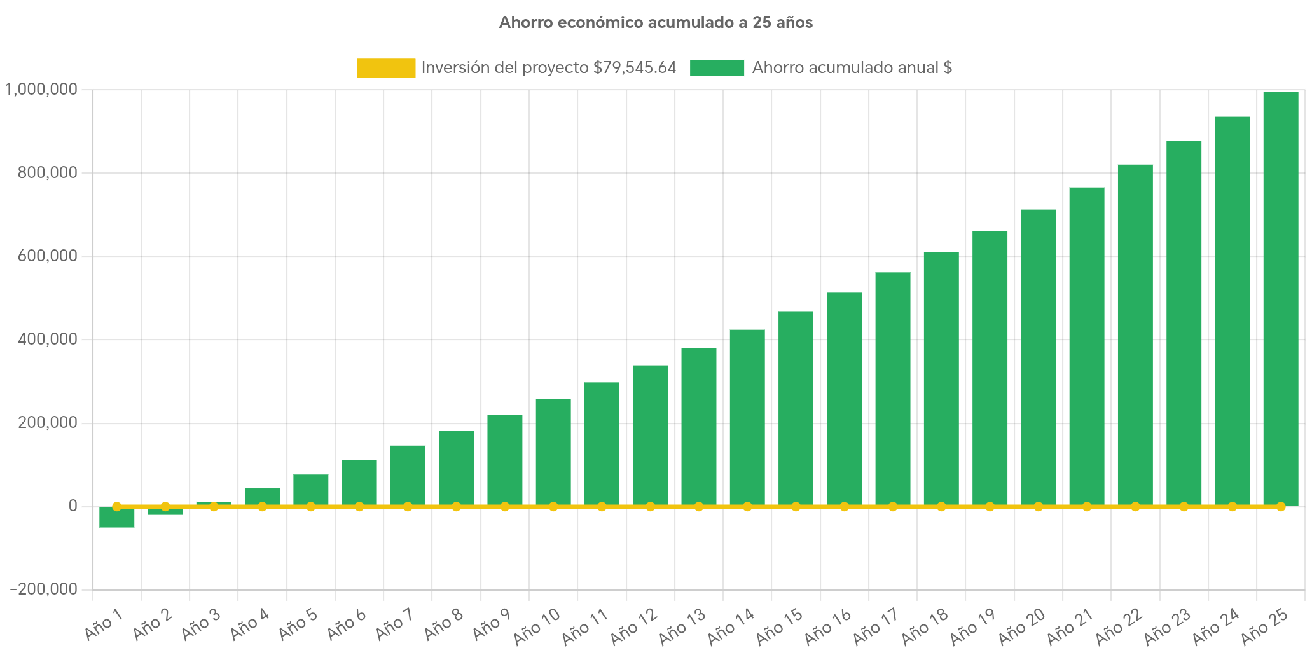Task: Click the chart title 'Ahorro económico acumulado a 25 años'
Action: (x=656, y=23)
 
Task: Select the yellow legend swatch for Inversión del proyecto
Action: (x=386, y=68)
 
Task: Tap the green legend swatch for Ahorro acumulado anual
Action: (x=717, y=68)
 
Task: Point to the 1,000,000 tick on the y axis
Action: (x=41, y=90)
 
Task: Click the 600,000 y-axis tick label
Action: (x=48, y=256)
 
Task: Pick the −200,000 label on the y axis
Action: (x=43, y=589)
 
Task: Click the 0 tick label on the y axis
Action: (x=73, y=506)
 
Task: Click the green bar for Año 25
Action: (x=1280, y=299)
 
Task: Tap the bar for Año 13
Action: (x=698, y=426)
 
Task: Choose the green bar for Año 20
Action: (x=1038, y=356)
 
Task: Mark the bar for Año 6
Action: (x=359, y=482)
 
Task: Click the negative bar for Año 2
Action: (x=165, y=512)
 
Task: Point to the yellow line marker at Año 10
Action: (x=553, y=507)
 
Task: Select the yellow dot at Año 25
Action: (x=1280, y=507)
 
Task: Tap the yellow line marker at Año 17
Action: (x=892, y=507)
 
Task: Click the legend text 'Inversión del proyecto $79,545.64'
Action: (x=548, y=68)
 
